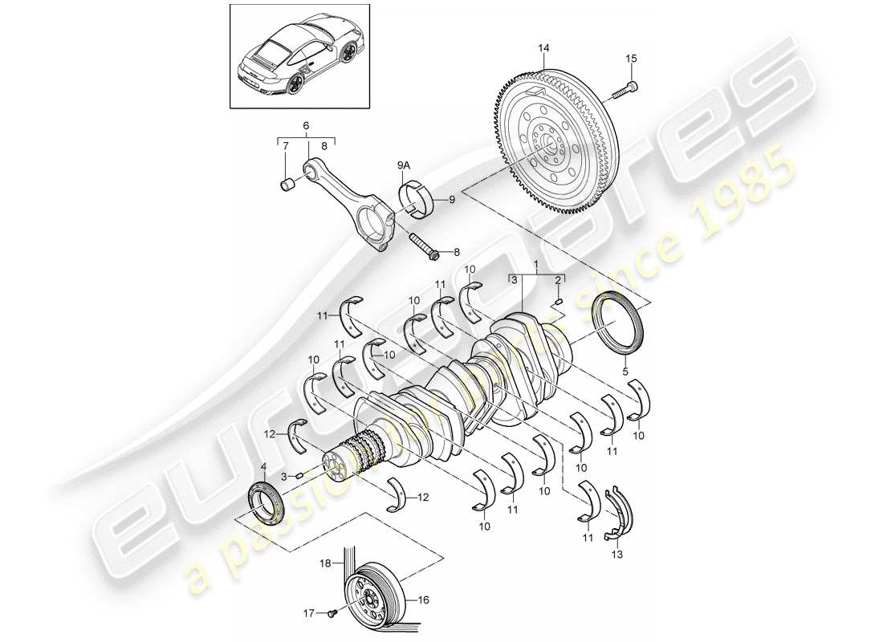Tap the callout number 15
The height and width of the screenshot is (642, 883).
tap(630, 58)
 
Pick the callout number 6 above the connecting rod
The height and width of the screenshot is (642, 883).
tap(306, 126)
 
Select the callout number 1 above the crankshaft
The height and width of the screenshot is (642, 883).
tap(536, 264)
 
